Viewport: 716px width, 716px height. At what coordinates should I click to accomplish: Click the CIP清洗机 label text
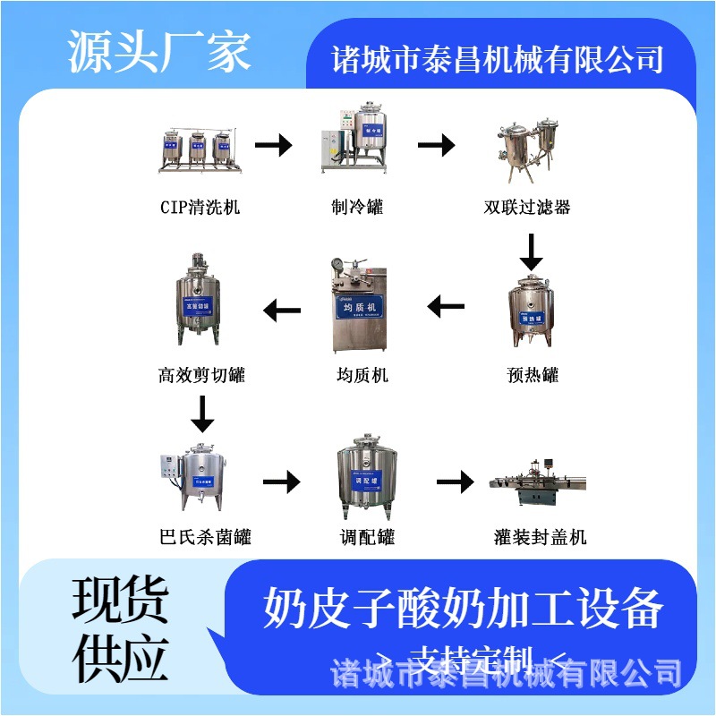[200, 208]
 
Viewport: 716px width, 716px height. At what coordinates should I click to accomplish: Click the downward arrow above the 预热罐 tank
[532, 251]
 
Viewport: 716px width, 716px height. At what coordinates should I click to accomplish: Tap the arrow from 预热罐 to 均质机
[446, 309]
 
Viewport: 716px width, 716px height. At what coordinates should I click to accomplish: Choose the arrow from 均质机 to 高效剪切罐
[282, 311]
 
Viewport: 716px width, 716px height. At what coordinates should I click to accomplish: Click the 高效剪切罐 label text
[201, 376]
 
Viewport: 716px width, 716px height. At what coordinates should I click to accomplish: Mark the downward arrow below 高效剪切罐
[203, 413]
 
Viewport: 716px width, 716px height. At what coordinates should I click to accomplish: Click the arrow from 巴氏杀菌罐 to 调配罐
[281, 482]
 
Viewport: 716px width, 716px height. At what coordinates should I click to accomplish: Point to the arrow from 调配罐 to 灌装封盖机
[455, 482]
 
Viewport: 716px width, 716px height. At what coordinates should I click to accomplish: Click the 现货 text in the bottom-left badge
[120, 599]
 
